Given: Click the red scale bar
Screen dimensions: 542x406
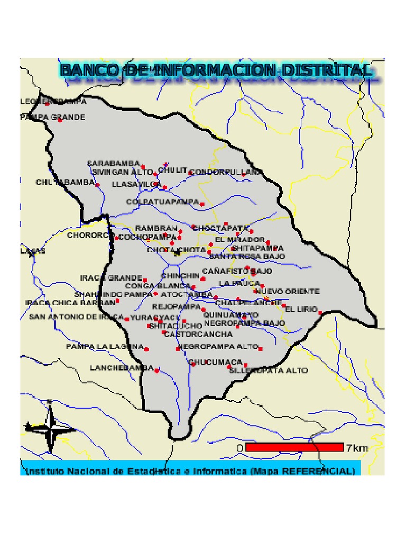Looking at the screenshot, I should (x=294, y=447).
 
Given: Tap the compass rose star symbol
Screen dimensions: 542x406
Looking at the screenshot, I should (x=50, y=428).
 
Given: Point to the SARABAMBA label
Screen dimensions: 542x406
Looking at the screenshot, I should (x=113, y=164).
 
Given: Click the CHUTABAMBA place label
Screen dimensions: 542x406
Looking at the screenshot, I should (x=65, y=182).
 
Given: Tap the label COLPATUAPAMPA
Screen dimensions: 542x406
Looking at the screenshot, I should (x=162, y=202).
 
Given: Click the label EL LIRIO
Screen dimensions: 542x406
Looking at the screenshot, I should (x=302, y=309).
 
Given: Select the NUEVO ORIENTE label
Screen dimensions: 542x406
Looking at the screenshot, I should (x=288, y=292).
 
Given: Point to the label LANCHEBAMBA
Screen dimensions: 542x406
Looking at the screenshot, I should (x=122, y=367).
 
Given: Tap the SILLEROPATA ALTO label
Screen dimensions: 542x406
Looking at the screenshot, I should (x=269, y=371).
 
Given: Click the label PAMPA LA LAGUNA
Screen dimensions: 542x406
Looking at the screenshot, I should (x=105, y=347).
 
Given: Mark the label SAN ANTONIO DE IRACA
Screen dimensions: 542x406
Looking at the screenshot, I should (x=76, y=317).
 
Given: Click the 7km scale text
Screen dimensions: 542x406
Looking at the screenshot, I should (x=357, y=448).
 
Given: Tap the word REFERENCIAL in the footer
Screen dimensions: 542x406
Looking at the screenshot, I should (x=324, y=471).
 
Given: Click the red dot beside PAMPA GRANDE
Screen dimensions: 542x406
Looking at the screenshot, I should (x=60, y=120).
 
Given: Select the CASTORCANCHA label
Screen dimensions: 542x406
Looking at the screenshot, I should (x=198, y=335).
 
